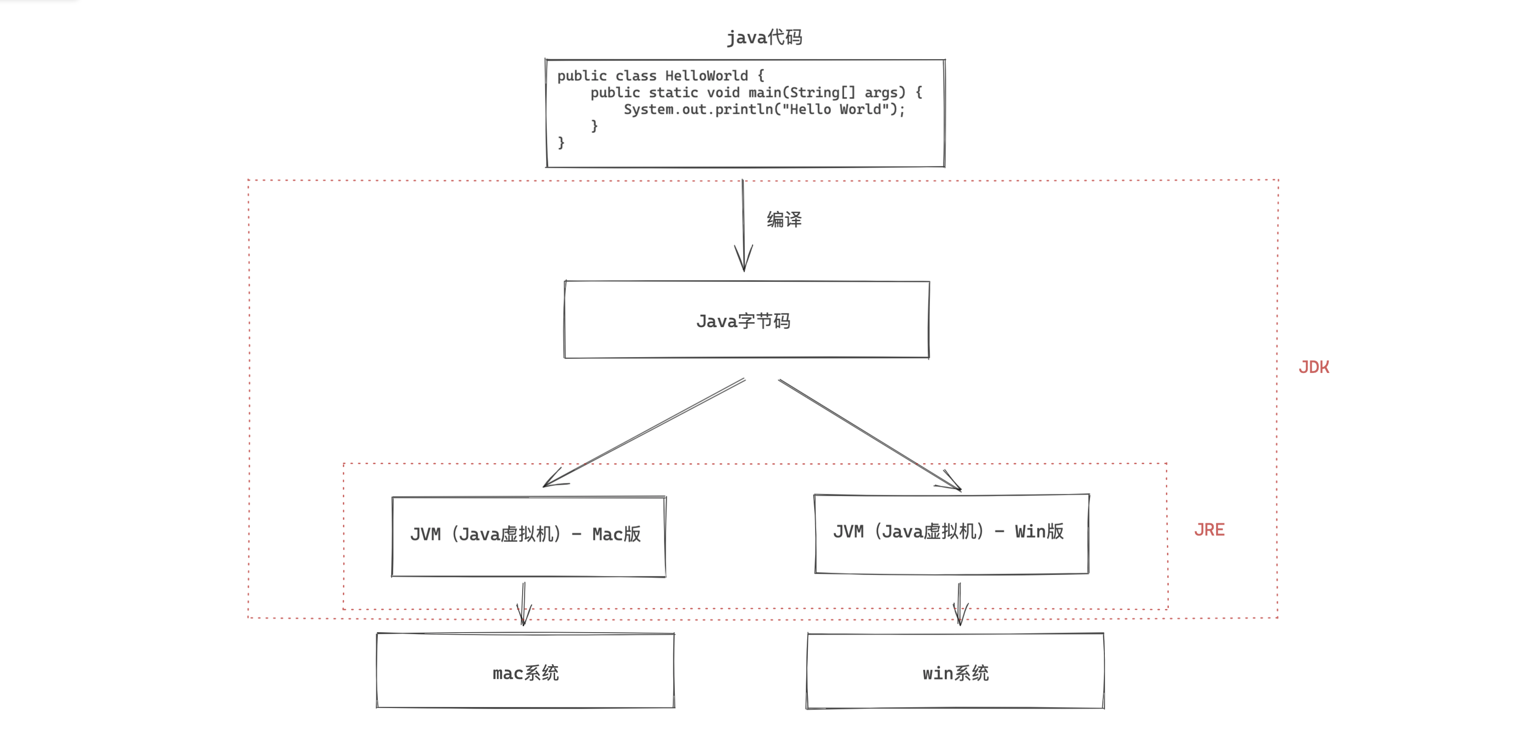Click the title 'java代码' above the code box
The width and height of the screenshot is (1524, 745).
pyautogui.click(x=764, y=37)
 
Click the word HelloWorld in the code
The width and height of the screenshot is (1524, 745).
pyautogui.click(x=706, y=76)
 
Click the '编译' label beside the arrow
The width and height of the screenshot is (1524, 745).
pyautogui.click(x=784, y=220)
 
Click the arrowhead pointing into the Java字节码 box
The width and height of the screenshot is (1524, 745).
pyautogui.click(x=744, y=260)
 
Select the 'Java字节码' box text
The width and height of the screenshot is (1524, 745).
pyautogui.click(x=743, y=321)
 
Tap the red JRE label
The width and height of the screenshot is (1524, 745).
pyautogui.click(x=1209, y=530)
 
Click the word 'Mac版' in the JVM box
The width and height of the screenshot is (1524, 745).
pyautogui.click(x=617, y=534)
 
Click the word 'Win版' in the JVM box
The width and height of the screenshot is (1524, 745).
pyautogui.click(x=1039, y=531)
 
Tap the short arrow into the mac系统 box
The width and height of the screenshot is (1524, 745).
pyautogui.click(x=524, y=612)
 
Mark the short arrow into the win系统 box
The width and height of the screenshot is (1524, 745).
pyautogui.click(x=960, y=612)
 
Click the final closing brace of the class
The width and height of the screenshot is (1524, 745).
pyautogui.click(x=561, y=142)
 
